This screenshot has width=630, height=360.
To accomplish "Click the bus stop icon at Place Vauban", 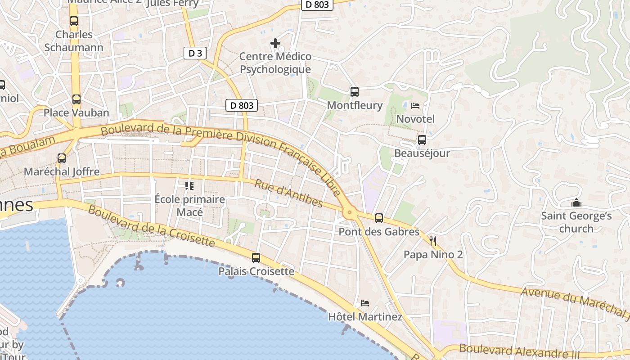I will (76, 99).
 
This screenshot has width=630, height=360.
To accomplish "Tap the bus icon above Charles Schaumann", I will (74, 21).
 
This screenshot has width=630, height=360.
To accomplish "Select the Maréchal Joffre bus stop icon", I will (62, 158).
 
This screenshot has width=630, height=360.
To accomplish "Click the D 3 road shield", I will (195, 53).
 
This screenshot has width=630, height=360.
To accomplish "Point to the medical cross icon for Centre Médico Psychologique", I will (275, 43).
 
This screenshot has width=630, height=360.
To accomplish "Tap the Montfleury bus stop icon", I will (355, 92).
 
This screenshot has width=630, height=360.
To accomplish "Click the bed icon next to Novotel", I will (415, 106).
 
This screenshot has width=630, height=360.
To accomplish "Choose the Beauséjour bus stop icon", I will (422, 140).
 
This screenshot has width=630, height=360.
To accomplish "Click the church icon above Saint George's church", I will (576, 203).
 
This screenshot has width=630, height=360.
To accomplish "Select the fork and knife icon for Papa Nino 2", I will (433, 241).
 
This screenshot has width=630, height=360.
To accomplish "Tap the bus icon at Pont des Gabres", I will (379, 218).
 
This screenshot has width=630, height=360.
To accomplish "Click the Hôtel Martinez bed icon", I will (365, 303).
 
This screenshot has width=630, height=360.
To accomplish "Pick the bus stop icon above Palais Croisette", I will (256, 258).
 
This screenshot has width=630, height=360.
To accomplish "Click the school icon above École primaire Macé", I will (189, 185).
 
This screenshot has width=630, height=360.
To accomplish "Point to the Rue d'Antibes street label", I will (288, 193).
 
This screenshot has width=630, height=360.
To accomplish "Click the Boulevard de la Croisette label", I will (151, 226).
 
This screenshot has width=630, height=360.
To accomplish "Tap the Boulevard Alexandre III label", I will (519, 351).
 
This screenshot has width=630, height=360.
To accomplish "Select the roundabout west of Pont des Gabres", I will (349, 213).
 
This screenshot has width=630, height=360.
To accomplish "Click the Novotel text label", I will (415, 119).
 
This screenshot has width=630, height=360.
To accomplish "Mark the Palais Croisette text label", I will (256, 271).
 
